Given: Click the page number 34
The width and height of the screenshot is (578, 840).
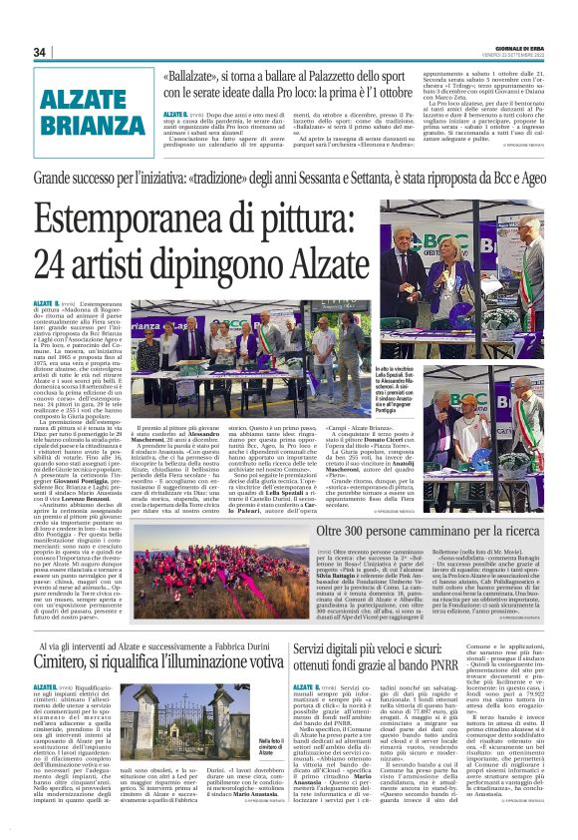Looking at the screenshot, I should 40,52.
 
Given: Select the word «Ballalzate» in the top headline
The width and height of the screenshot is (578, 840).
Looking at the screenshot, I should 198,74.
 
